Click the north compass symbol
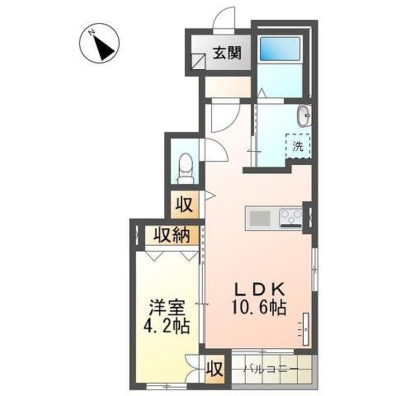[99, 43]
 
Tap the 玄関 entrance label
[227, 53]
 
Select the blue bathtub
[280, 49]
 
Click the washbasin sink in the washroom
[304, 116]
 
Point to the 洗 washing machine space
[298, 146]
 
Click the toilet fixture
[186, 169]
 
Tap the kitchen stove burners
[291, 218]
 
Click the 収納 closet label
[172, 235]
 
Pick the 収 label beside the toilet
[184, 205]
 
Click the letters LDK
[260, 290]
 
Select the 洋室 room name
[167, 308]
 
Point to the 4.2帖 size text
[167, 326]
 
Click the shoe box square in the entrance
[198, 62]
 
